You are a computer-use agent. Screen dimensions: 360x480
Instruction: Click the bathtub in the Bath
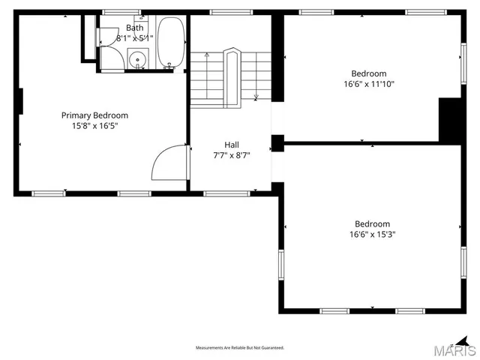click(x=172, y=43)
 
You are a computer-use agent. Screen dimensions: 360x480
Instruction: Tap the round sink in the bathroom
click(x=137, y=60)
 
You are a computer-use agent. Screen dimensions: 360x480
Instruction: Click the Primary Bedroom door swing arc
click(x=168, y=163)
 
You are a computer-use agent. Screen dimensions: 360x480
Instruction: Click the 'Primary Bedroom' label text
click(x=94, y=115)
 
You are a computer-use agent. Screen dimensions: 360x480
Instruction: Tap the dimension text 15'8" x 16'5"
click(x=94, y=126)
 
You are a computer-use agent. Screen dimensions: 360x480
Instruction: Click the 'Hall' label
click(x=232, y=145)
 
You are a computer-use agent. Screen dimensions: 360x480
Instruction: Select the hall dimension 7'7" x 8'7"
click(x=232, y=155)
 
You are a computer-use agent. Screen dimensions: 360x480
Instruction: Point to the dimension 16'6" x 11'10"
click(x=369, y=84)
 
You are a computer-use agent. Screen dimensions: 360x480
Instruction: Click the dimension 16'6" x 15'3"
click(x=372, y=234)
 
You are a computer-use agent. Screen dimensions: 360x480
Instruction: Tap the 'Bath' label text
click(x=135, y=28)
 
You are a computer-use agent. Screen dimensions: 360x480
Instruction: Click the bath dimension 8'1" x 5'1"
click(x=135, y=37)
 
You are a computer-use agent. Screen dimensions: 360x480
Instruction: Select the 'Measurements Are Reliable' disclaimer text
click(x=240, y=348)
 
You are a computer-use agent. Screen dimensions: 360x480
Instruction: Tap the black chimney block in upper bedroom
click(x=450, y=119)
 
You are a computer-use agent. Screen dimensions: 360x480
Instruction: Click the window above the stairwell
click(x=220, y=12)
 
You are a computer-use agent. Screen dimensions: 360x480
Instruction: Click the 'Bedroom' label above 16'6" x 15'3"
click(x=372, y=223)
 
